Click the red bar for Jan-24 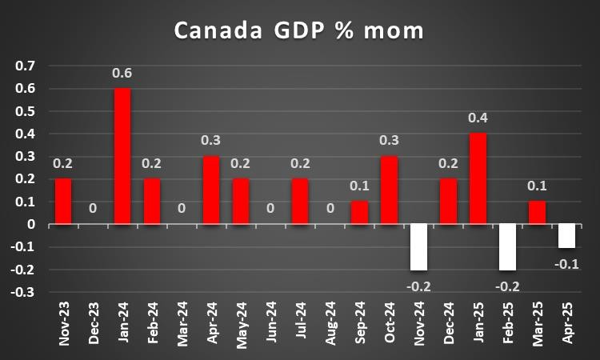(122, 156)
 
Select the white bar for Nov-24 (418, 247)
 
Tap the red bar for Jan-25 (478, 178)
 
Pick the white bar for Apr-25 (566, 236)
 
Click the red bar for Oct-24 (389, 190)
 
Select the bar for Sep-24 (359, 213)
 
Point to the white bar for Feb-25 (507, 247)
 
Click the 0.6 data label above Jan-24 (122, 74)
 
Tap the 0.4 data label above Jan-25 (478, 118)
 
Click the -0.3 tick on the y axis (24, 292)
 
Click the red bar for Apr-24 (211, 190)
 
